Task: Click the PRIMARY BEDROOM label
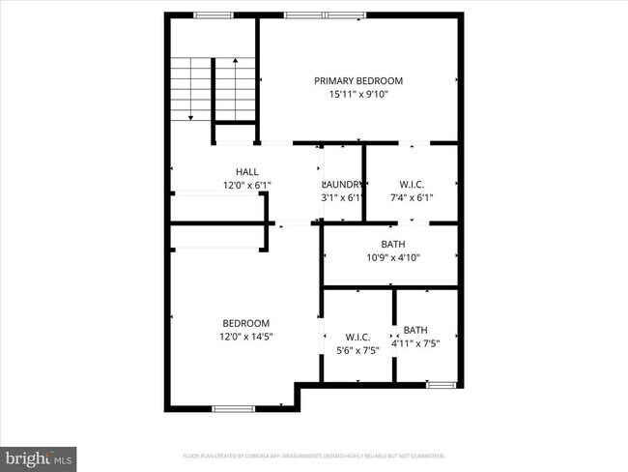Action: pyautogui.click(x=358, y=80)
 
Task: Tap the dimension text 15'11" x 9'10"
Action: pyautogui.click(x=358, y=94)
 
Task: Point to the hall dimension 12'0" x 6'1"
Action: pyautogui.click(x=247, y=185)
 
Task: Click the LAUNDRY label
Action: pyautogui.click(x=343, y=184)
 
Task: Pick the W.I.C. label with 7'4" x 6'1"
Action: pyautogui.click(x=412, y=184)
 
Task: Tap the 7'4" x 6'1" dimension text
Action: pyautogui.click(x=412, y=197)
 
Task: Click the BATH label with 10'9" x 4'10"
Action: pyautogui.click(x=393, y=244)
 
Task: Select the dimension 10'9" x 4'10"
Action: pyautogui.click(x=393, y=257)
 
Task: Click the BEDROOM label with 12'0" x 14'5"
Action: pyautogui.click(x=246, y=323)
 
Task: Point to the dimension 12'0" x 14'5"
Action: pyautogui.click(x=246, y=337)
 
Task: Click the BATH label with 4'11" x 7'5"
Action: pyautogui.click(x=415, y=330)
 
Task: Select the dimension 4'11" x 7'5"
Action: pyautogui.click(x=415, y=343)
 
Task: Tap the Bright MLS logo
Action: pyautogui.click(x=39, y=456)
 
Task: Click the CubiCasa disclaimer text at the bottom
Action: pyautogui.click(x=314, y=455)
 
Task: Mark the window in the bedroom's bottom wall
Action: pyautogui.click(x=233, y=408)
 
